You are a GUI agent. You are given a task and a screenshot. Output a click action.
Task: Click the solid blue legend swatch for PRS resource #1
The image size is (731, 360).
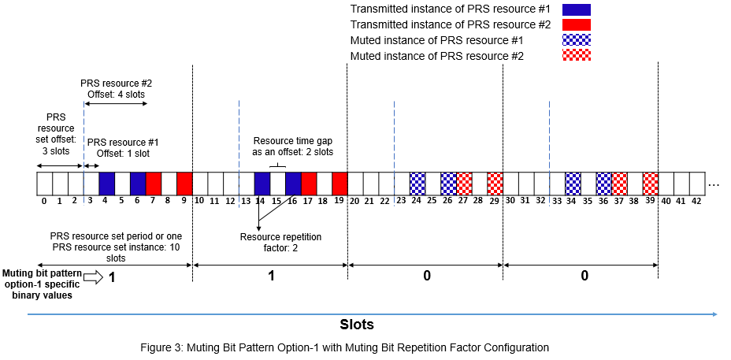577,9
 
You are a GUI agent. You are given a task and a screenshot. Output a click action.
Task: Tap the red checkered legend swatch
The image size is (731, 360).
577,55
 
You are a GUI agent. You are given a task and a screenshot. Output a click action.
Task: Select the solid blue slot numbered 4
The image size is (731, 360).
106,184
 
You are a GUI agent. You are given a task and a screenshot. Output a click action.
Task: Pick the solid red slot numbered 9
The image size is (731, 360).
184,184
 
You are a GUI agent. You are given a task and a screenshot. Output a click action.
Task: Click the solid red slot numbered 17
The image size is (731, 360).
309,184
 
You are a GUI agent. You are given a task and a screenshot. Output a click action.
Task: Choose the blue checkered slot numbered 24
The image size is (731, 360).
417,184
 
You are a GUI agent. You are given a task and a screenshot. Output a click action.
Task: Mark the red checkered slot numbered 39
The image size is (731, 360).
651,184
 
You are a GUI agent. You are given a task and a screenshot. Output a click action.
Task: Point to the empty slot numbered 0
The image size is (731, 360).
44,184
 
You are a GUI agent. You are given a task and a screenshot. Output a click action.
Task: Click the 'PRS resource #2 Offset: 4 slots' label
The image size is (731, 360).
116,87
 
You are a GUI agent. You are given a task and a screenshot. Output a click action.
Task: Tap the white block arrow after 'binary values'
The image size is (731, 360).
92,276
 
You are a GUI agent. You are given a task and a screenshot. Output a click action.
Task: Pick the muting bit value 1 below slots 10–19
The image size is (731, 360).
270,276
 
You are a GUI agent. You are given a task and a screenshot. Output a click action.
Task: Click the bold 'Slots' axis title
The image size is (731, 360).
357,324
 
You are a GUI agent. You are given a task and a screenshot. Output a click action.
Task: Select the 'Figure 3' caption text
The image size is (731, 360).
367,347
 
